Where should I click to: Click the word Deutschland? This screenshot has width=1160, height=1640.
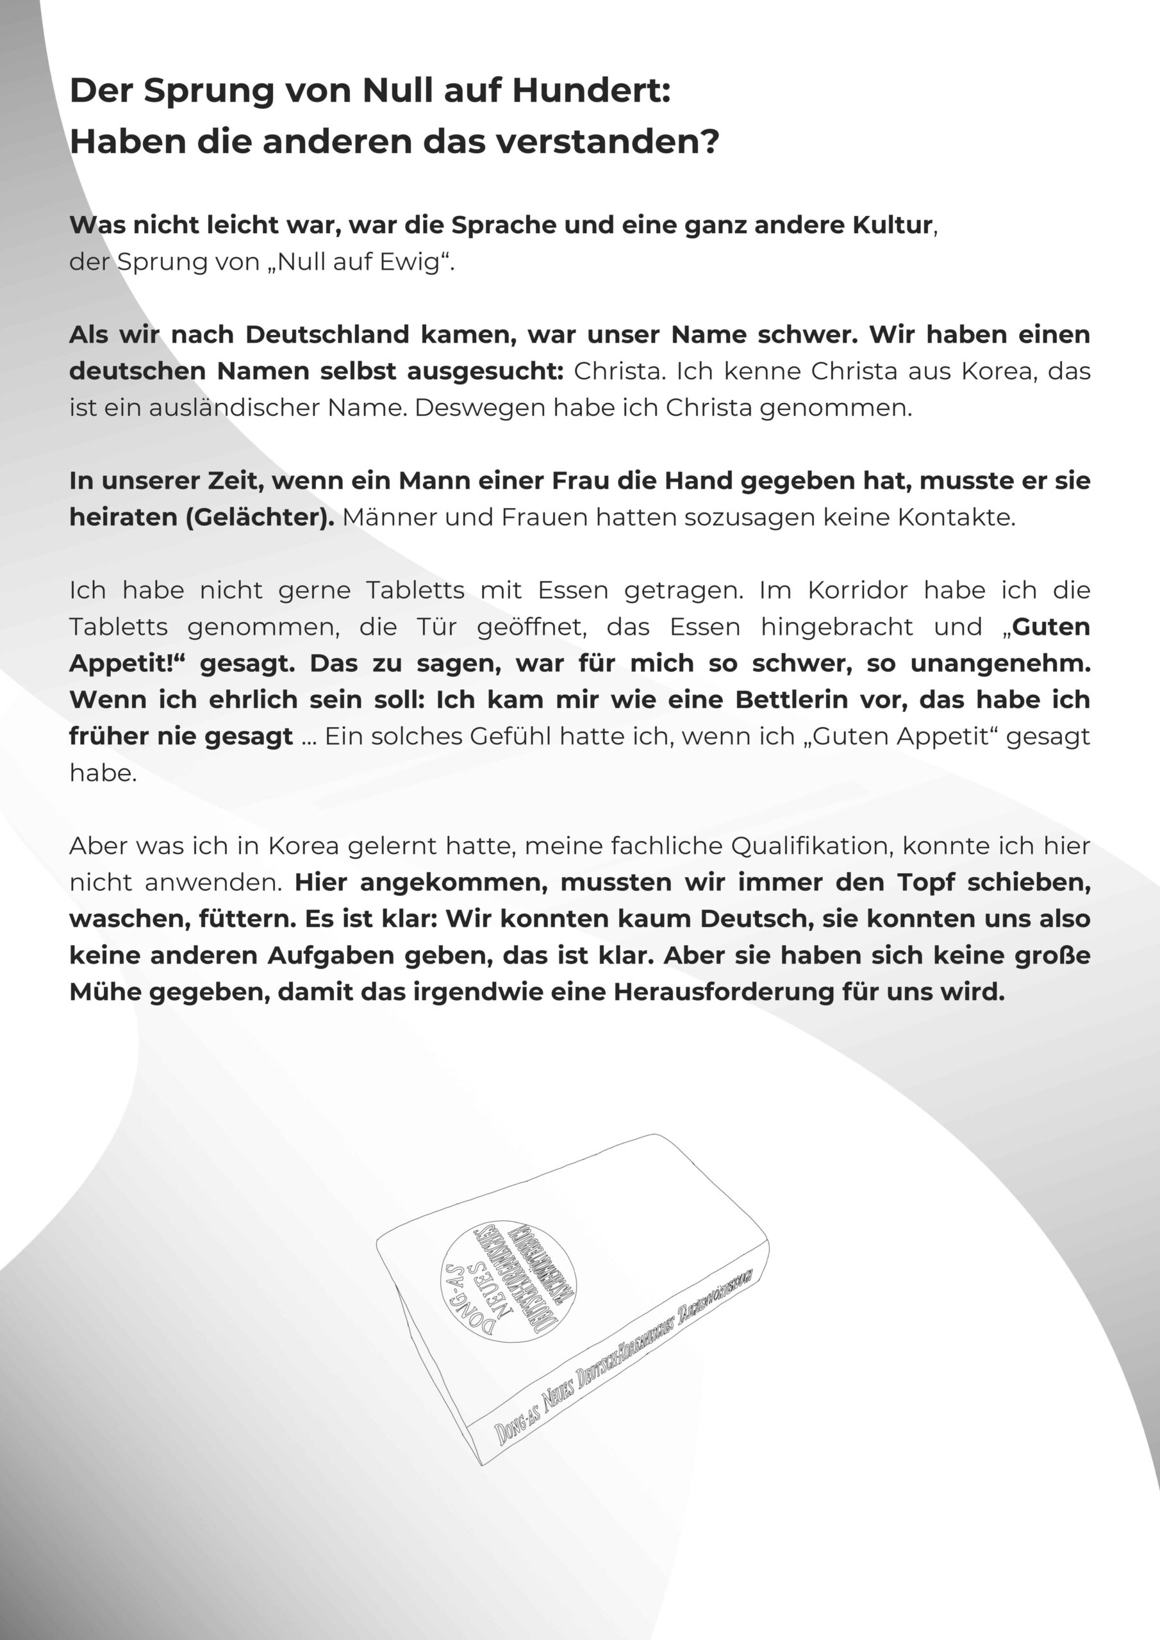[327, 334]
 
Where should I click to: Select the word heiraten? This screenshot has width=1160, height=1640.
[124, 517]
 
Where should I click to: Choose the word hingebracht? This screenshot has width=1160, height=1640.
[836, 627]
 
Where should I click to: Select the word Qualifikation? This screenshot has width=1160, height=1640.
[811, 846]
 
